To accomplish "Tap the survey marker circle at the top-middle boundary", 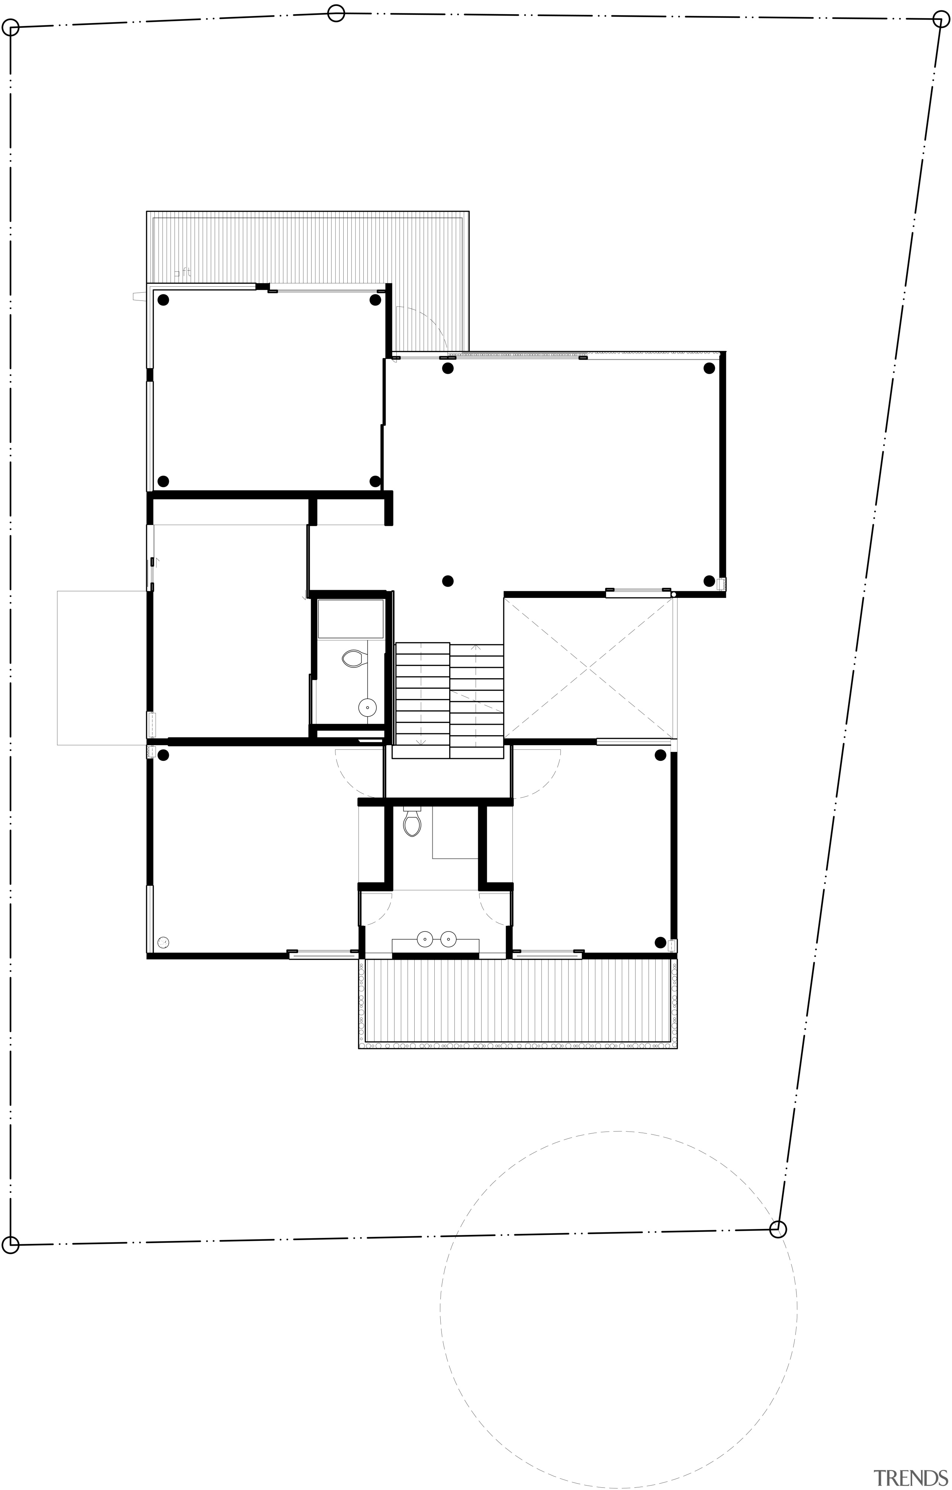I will (335, 13).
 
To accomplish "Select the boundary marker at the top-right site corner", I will (941, 19).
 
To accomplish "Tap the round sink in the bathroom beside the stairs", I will (368, 707).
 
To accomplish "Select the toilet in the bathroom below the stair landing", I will (412, 823).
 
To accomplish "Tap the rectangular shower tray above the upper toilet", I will (351, 618).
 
